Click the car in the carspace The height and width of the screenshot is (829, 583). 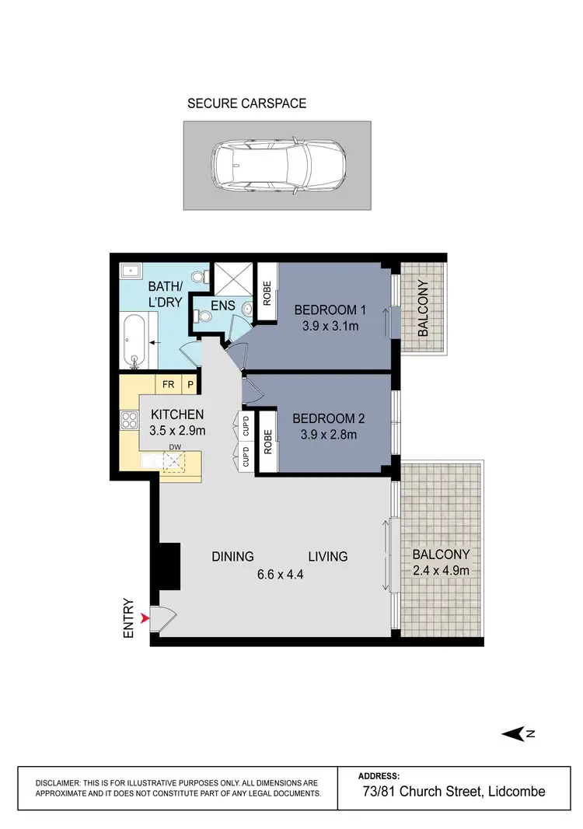pos(277,165)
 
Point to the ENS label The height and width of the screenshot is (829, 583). pos(222,306)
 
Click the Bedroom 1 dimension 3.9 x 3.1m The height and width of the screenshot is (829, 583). pos(330,327)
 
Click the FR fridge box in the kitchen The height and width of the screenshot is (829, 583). pos(168,383)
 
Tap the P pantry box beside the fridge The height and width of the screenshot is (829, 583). pos(189,383)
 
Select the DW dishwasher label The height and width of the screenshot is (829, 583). pos(176,446)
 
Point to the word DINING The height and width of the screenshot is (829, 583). pos(233,556)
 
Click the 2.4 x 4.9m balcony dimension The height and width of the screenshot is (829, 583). pos(441,570)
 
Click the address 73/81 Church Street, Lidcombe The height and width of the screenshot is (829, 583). pos(454,792)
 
